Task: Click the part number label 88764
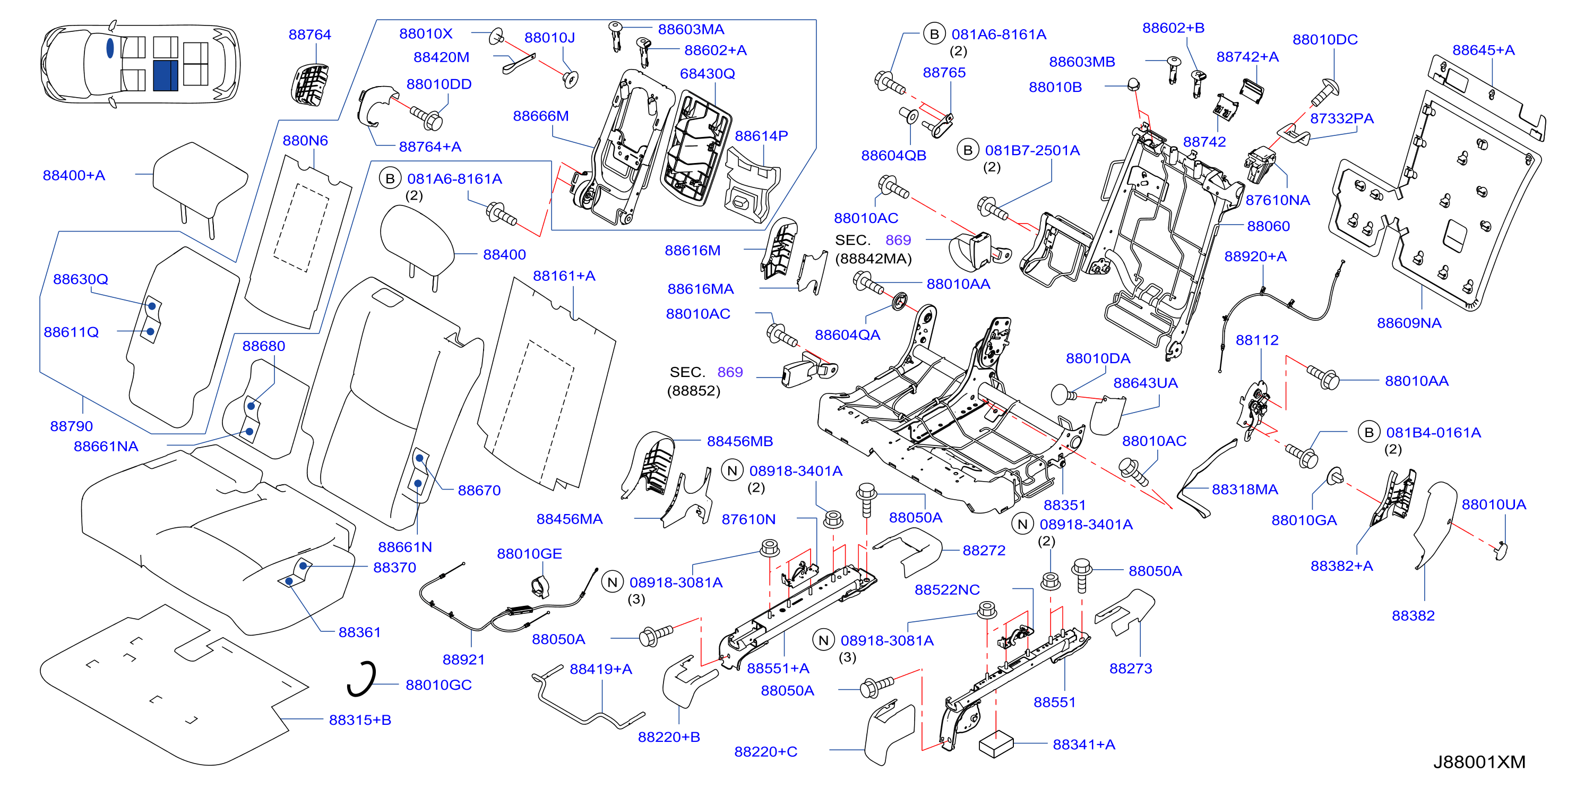[310, 35]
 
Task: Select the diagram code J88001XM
[1479, 762]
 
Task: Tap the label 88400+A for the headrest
[74, 175]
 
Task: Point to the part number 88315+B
[360, 720]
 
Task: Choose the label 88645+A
[1484, 50]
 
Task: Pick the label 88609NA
[1409, 323]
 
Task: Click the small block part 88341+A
[996, 744]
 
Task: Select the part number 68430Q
[708, 74]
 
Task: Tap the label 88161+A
[564, 276]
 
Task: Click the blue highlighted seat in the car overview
[165, 75]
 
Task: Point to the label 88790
[71, 426]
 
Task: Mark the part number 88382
[1413, 615]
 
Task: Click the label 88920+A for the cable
[1255, 256]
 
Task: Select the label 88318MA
[1245, 489]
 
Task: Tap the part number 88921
[463, 659]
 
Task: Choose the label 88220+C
[765, 751]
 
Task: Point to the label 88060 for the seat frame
[1268, 226]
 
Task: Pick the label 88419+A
[600, 669]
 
